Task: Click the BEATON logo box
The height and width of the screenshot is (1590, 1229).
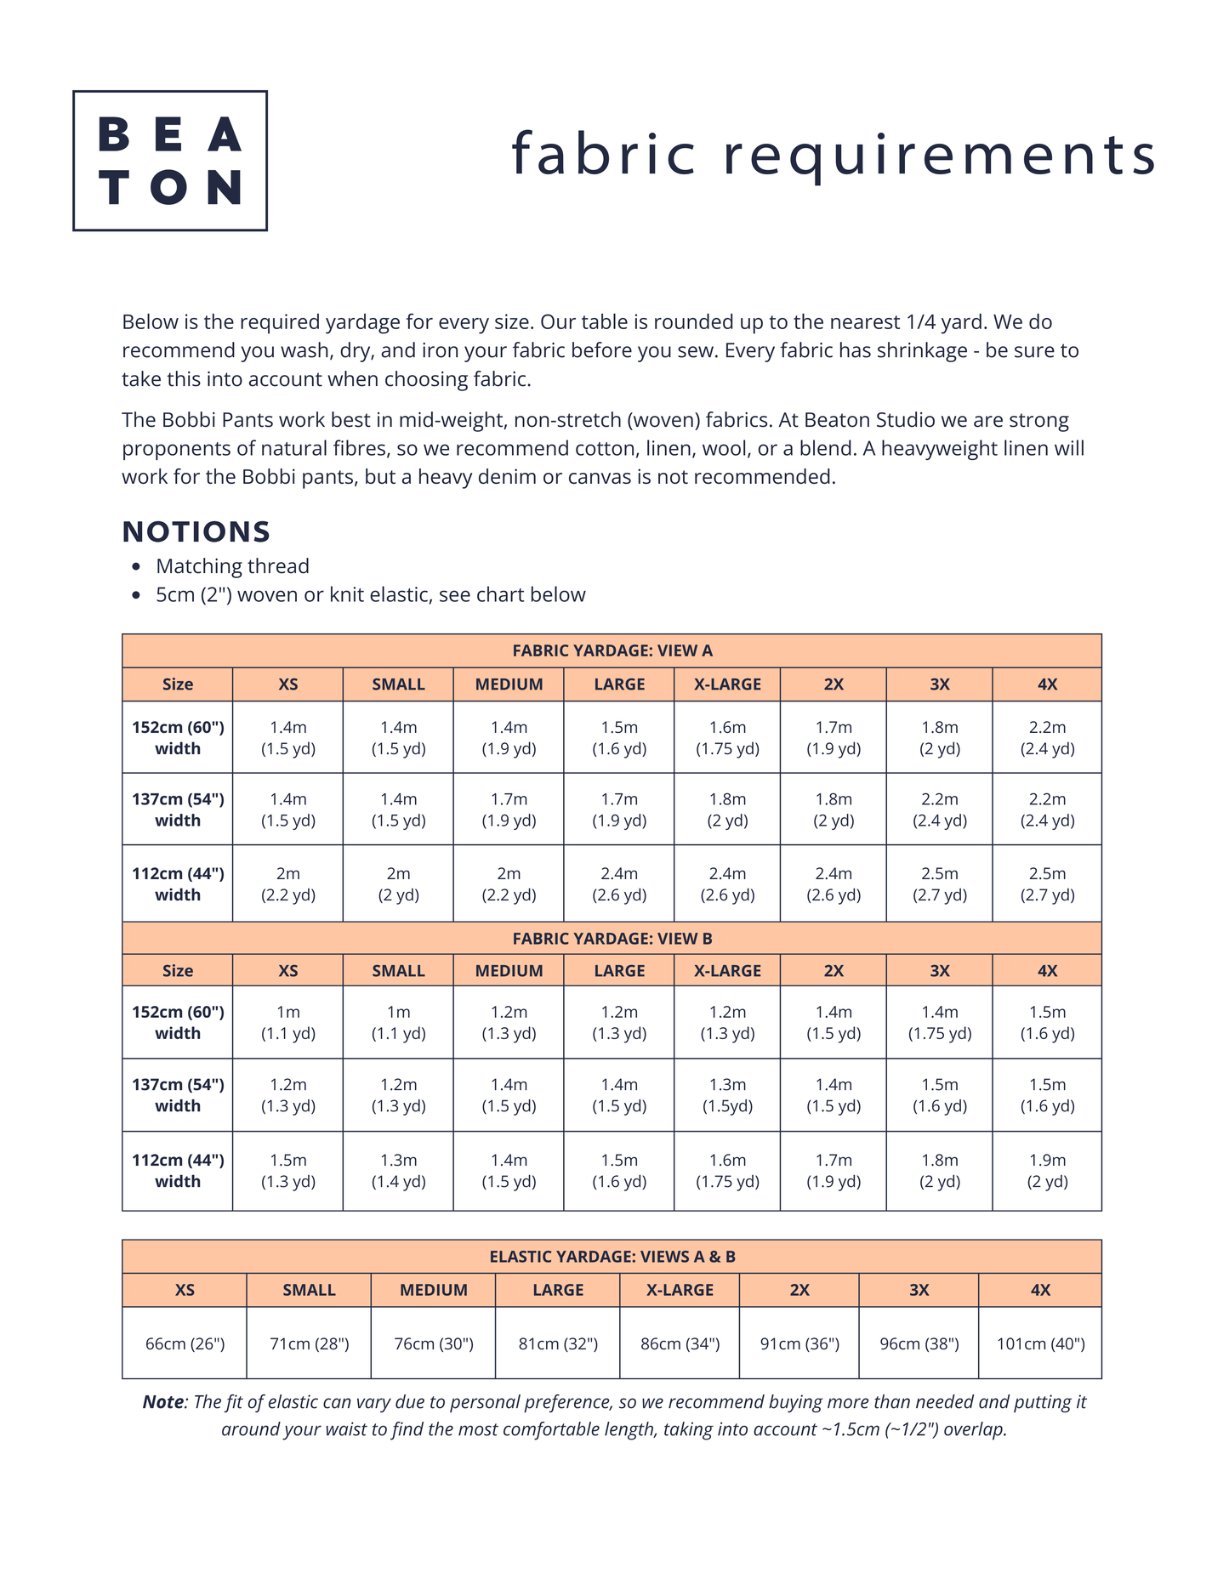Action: [170, 161]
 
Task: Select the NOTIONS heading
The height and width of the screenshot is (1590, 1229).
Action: [196, 531]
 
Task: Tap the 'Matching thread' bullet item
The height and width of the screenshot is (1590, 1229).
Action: [232, 566]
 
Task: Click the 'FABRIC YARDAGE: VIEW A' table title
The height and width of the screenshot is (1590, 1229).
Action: [612, 650]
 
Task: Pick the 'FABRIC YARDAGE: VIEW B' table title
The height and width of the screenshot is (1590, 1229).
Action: [612, 939]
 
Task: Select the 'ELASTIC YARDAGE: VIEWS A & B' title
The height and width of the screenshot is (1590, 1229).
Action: [612, 1257]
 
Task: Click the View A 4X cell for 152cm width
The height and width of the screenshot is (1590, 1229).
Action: [1047, 738]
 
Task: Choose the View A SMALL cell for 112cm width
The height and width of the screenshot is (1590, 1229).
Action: [398, 884]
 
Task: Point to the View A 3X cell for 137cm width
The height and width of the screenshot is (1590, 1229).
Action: [939, 809]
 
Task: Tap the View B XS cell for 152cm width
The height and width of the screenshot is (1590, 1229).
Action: [287, 1023]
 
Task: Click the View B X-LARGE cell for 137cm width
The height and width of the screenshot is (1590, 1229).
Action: [727, 1095]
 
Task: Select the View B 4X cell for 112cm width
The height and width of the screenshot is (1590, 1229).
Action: [1047, 1171]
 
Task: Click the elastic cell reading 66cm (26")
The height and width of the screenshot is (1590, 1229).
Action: [185, 1343]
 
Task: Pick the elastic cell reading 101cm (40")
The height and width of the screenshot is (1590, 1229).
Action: [1040, 1343]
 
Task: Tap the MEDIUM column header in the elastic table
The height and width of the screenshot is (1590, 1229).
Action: [434, 1290]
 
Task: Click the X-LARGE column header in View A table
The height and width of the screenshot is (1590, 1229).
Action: [727, 684]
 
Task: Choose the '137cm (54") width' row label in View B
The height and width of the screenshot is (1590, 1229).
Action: [178, 1095]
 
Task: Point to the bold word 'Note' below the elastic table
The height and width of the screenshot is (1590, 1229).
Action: [162, 1402]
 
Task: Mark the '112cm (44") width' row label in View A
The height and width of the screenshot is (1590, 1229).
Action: [178, 884]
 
